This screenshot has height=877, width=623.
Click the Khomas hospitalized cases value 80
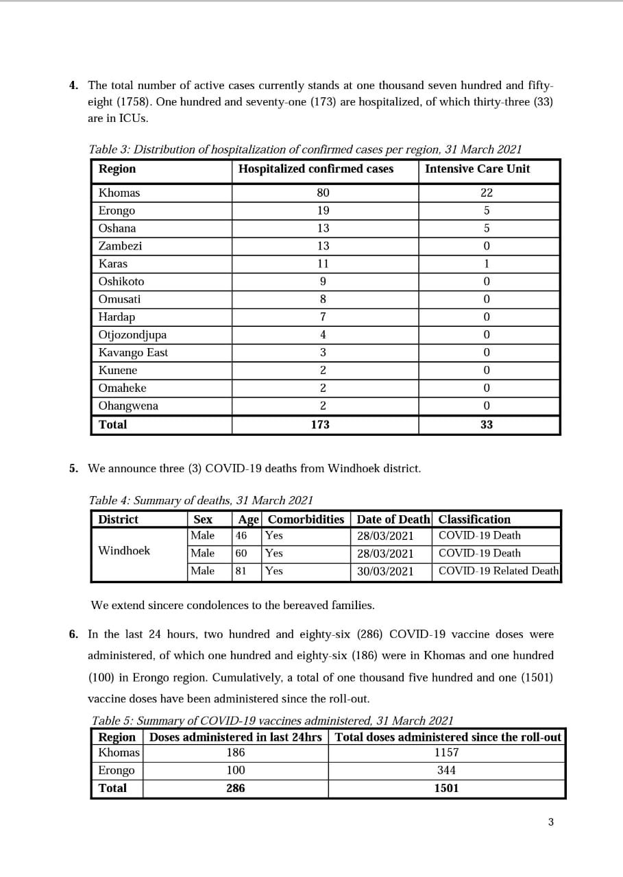[x=323, y=193]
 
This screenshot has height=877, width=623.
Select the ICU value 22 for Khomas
[x=487, y=193]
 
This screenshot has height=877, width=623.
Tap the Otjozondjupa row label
[x=132, y=335]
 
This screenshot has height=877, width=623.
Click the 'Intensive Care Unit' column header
[x=477, y=169]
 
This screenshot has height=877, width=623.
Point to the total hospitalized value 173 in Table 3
[x=320, y=425]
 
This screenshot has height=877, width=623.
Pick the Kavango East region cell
[x=133, y=353]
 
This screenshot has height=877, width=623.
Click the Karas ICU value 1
[x=487, y=264]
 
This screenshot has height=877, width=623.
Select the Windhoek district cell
[x=124, y=551]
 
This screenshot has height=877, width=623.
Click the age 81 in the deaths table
[x=241, y=571]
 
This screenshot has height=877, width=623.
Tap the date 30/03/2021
[x=385, y=571]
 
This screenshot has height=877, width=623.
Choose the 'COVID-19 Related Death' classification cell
[x=498, y=571]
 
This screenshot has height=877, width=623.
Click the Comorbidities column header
[x=306, y=519]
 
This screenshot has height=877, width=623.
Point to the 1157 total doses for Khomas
[x=446, y=752]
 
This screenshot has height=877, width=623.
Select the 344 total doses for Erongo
[x=446, y=770]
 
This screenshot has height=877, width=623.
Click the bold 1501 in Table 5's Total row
[x=446, y=788]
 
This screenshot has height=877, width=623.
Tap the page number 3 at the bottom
[x=550, y=822]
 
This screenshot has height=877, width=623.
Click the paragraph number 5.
[x=73, y=469]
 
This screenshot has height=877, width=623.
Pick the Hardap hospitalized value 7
[x=323, y=317]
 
